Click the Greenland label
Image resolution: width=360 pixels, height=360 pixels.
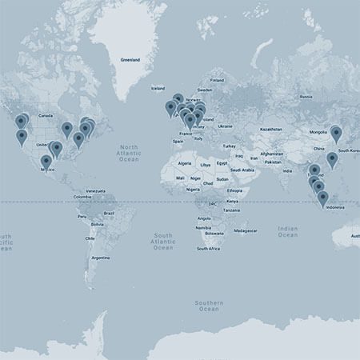pyautogui.click(x=130, y=60)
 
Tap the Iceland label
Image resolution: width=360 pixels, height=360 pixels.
pyautogui.click(x=158, y=88)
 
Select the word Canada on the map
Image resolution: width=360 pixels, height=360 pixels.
pyautogui.click(x=45, y=115)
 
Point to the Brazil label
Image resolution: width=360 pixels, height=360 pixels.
pyautogui.click(x=109, y=214)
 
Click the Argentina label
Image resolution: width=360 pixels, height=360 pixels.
pyautogui.click(x=100, y=258)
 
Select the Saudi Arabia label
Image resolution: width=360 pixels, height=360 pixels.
pyautogui.click(x=242, y=170)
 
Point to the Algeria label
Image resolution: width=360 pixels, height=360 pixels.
pyautogui.click(x=184, y=163)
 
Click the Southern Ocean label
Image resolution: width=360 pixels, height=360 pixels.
pyautogui.click(x=208, y=306)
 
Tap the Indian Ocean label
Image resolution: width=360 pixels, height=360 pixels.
pyautogui.click(x=287, y=232)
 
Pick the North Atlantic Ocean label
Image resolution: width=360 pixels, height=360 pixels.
pyautogui.click(x=128, y=154)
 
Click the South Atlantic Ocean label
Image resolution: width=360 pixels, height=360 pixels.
pyautogui.click(x=163, y=242)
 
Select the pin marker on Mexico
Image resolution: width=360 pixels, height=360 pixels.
pyautogui.click(x=46, y=162)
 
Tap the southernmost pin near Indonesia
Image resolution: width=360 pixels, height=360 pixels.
pyautogui.click(x=323, y=198)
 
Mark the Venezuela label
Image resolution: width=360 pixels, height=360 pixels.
pyautogui.click(x=96, y=190)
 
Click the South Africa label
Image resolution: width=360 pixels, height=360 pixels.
pyautogui.click(x=209, y=249)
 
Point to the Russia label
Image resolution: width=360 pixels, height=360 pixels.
pyautogui.click(x=305, y=97)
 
